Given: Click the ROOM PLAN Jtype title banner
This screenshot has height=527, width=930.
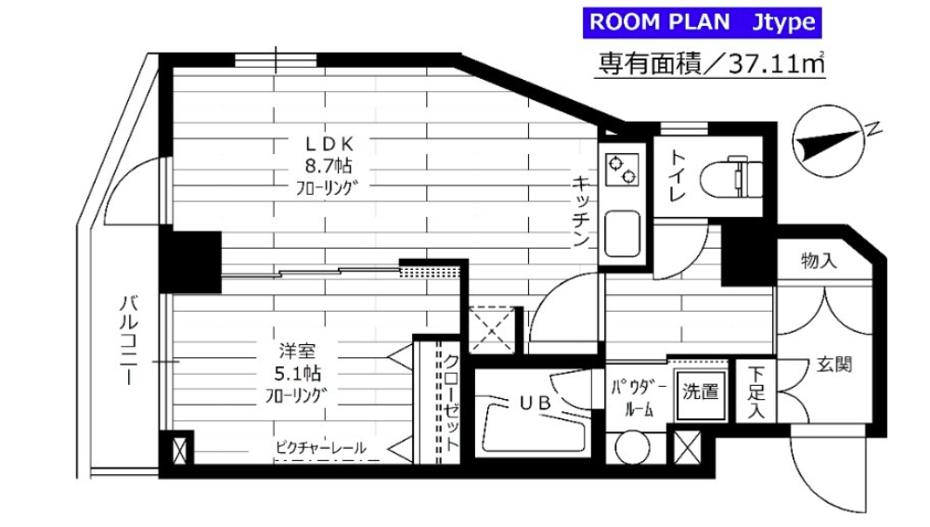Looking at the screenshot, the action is point(702,22).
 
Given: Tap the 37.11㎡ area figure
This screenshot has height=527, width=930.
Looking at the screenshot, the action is point(776,63).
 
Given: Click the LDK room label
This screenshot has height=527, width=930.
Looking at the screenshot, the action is point(329,144).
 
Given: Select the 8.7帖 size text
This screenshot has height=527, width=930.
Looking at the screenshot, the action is point(329,165).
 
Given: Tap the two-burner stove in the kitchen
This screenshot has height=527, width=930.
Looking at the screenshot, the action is point(622,169).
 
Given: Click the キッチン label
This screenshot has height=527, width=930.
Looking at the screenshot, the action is point(581,211).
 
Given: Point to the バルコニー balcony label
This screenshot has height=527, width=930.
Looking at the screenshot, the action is point(129,340).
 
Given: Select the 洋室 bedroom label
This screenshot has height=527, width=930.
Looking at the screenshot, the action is point(297,351).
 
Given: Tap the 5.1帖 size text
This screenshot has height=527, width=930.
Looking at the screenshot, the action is point(297,374).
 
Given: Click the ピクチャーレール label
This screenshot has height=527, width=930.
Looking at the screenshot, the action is point(321,448).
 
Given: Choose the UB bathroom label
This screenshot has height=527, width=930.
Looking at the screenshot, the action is point(535,403).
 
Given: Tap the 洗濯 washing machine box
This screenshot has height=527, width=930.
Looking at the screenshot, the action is point(701,392).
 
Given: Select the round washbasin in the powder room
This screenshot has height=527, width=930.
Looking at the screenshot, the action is point(633,446).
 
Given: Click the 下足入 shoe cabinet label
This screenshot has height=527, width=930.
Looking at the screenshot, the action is point(756,392).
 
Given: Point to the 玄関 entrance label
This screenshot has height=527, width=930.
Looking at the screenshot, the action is point(834,365).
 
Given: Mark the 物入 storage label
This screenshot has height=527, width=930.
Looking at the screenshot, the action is point(820,260).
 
